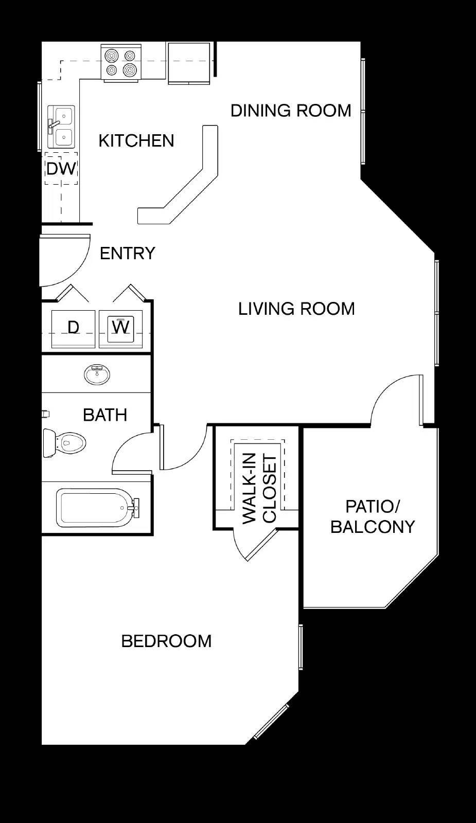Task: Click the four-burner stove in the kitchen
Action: pos(121,63)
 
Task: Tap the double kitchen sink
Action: pos(61,127)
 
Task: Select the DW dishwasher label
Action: pos(61,169)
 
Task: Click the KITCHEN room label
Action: pos(136,141)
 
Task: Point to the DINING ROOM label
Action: pos(291,111)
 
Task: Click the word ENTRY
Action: pos(128,253)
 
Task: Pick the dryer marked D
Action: pos(74,329)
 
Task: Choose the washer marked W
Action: pos(120,329)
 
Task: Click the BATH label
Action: pos(105,415)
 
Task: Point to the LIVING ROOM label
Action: pos(296,309)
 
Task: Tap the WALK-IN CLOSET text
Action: pos(259,488)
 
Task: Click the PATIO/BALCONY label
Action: pos(373,516)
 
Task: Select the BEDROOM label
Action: pos(167,641)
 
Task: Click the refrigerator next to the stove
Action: pos(189,63)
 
